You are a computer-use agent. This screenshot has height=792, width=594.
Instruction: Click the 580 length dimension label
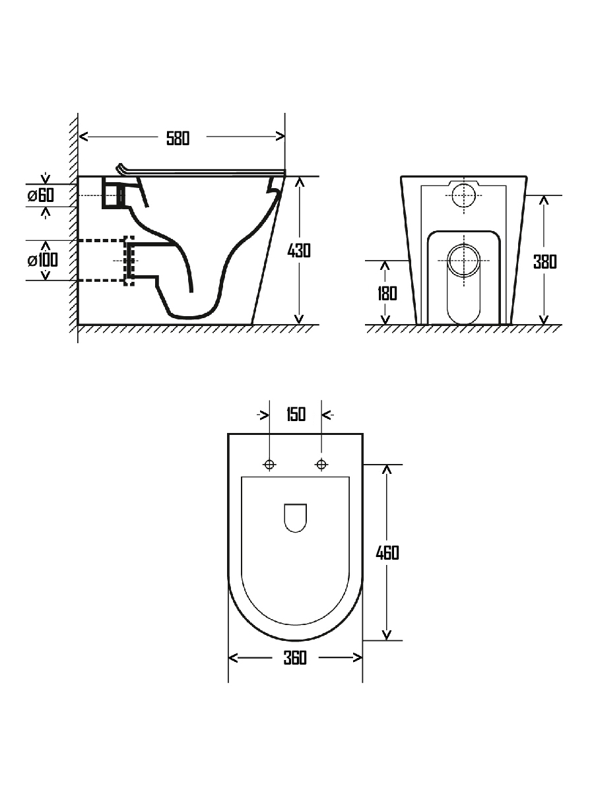[178, 139]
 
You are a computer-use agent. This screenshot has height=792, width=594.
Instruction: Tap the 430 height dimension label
[299, 251]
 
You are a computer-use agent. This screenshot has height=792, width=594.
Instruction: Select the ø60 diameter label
[41, 195]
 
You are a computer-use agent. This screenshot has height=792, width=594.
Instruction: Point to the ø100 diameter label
[42, 260]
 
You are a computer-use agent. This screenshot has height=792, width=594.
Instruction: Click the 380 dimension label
[545, 262]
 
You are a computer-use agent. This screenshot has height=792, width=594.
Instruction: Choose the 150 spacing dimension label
[296, 414]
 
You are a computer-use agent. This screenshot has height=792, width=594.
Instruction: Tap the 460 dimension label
[387, 553]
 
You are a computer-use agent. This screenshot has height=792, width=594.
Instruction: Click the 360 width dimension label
[295, 658]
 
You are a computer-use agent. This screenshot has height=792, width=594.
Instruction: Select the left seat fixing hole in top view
[269, 465]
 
